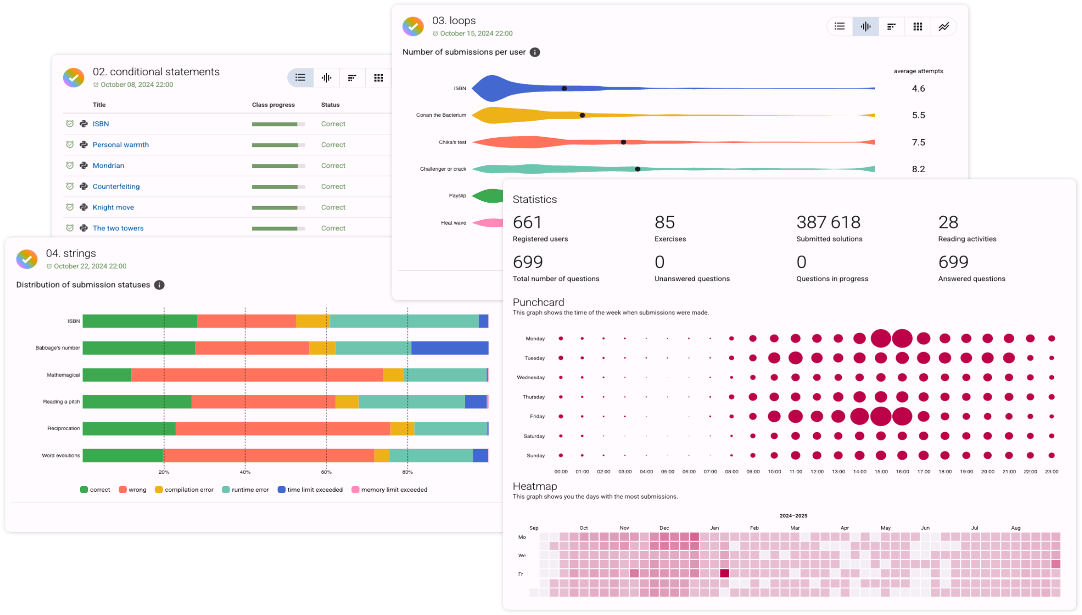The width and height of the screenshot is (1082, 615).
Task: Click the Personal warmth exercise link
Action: [x=120, y=145]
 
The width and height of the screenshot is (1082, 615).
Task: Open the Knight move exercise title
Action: [x=113, y=207]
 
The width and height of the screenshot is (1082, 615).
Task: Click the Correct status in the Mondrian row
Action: [x=333, y=165]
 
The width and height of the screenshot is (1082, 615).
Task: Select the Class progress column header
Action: [x=273, y=105]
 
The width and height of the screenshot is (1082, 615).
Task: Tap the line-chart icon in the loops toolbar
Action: [x=943, y=27]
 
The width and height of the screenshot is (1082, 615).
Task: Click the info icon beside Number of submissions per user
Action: [x=535, y=52]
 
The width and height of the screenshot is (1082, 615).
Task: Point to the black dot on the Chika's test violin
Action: [x=623, y=142]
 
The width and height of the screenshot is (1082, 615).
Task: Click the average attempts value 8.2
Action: [x=918, y=169]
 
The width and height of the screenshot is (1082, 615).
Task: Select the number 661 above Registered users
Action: [x=527, y=223]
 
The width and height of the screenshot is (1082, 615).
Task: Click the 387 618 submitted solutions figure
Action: [x=828, y=223]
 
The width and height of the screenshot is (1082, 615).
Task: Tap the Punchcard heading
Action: [x=538, y=302]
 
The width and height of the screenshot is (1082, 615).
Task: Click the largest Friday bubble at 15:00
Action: [x=881, y=416]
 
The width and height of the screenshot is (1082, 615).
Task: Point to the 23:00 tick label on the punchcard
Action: [x=1051, y=471]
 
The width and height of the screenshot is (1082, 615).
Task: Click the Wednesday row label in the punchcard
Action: [x=531, y=377]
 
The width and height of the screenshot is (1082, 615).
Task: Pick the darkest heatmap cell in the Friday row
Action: [x=724, y=573]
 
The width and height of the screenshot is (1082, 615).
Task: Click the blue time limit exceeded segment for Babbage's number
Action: [x=449, y=348]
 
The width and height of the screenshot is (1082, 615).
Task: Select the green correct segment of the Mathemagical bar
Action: [x=107, y=375]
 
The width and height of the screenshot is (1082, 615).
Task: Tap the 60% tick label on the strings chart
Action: [x=326, y=472]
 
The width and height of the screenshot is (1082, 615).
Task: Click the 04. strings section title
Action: [x=71, y=253]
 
